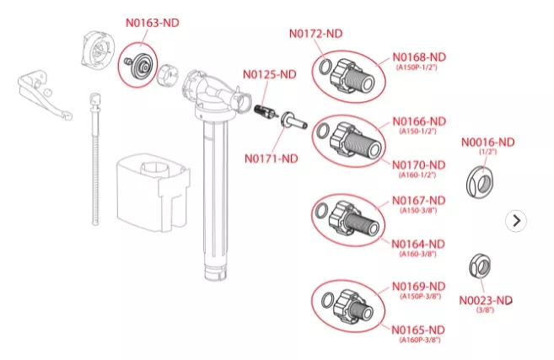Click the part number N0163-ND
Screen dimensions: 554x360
pos(153,23)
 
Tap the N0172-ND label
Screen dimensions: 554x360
pos(316,34)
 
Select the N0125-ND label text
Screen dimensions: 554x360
pos(270,74)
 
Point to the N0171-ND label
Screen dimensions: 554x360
pos(272,159)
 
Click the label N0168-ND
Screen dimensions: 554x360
pos(419,57)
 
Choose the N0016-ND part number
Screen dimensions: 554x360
pos(488,142)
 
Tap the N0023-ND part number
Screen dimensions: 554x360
pos(486,301)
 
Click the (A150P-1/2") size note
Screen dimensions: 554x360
pos(417,67)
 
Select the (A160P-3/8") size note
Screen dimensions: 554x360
pos(420,340)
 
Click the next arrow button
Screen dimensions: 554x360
pos(516,221)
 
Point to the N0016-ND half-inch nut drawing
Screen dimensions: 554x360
pos(480,182)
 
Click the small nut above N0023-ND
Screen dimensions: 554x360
pos(480,266)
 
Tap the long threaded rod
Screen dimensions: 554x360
pos(95,159)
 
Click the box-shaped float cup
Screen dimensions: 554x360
pos(153,192)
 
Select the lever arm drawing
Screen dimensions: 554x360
pos(44,95)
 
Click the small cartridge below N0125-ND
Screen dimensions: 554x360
pos(265,111)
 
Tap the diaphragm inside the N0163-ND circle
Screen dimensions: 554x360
pos(141,64)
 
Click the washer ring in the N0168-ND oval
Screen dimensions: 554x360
pos(325,67)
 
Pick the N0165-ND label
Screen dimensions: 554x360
pos(418,330)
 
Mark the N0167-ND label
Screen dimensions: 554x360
pos(419,201)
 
